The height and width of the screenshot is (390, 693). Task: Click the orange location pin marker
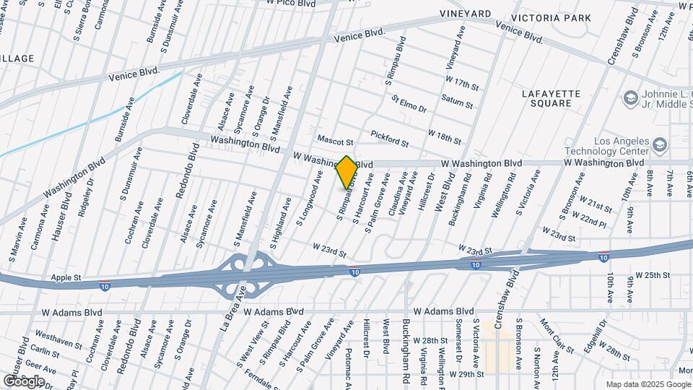346,173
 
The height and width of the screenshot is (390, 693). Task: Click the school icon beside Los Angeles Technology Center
659,146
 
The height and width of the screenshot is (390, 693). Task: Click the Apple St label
66,277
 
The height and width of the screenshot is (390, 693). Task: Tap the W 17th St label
463,82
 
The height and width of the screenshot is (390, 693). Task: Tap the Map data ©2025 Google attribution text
648,384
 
